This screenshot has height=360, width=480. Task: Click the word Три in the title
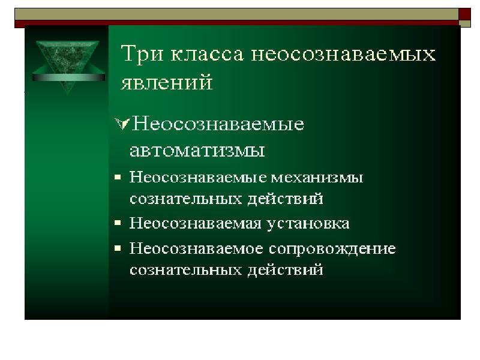point(142,54)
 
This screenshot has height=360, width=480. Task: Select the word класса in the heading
point(207,55)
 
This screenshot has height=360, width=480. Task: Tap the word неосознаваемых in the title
point(343,55)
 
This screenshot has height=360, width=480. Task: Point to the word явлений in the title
point(167,82)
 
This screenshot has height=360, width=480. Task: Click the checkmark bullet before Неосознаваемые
point(122,124)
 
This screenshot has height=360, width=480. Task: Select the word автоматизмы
point(197,151)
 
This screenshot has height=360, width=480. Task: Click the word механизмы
point(317,178)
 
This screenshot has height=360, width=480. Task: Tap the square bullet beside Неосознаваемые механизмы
point(118,177)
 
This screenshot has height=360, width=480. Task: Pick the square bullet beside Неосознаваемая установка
point(118,223)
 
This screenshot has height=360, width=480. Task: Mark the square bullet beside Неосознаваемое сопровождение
point(118,248)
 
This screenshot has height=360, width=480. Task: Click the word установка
point(308,224)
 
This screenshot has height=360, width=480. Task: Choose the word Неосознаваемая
point(195,223)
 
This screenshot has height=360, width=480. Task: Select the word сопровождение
point(332,249)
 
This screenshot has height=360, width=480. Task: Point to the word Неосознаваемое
point(196,248)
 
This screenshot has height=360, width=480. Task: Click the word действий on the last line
point(286,270)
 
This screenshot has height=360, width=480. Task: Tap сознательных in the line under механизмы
point(186,199)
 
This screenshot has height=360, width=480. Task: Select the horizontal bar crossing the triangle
point(68,77)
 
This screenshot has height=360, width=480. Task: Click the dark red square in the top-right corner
point(464,14)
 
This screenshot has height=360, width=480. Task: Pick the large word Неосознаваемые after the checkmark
point(218,124)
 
